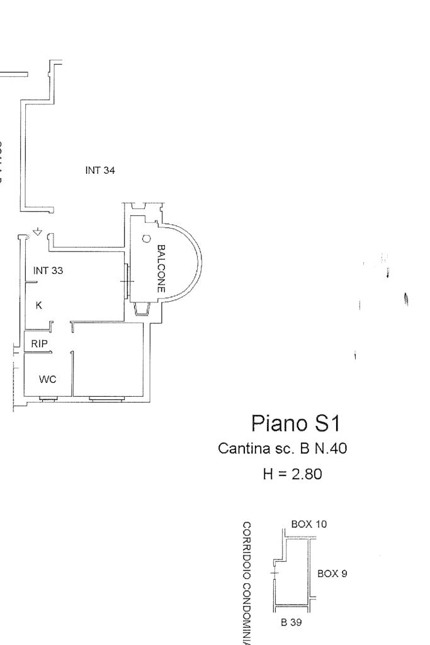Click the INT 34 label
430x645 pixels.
99,169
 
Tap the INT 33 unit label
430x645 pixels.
48,270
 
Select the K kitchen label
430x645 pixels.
39,305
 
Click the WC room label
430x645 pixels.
48,379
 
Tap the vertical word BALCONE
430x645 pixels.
161,269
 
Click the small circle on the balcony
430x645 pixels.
146,239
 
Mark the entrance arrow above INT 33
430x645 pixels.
37,232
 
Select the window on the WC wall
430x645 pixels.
48,398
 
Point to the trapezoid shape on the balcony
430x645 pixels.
142,309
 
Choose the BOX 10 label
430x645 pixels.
308,524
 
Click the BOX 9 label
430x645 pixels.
332,574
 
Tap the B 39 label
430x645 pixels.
292,622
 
